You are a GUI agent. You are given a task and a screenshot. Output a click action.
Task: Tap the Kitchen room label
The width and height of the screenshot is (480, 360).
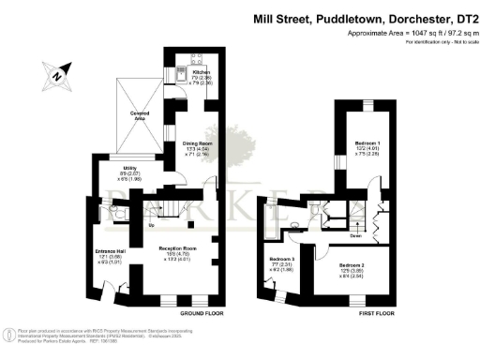200,72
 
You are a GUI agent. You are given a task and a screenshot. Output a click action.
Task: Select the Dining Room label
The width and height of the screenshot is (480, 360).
197,143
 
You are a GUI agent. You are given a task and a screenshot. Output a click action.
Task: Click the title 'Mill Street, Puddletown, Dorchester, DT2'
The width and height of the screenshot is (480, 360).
367,18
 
